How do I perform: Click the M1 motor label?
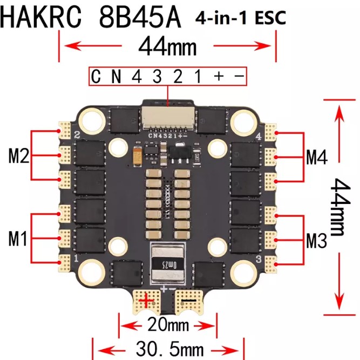coord(18,238)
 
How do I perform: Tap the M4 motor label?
coord(317,157)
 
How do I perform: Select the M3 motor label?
coord(317,240)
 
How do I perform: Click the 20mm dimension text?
coord(167,325)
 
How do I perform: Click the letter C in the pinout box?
coord(97,77)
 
